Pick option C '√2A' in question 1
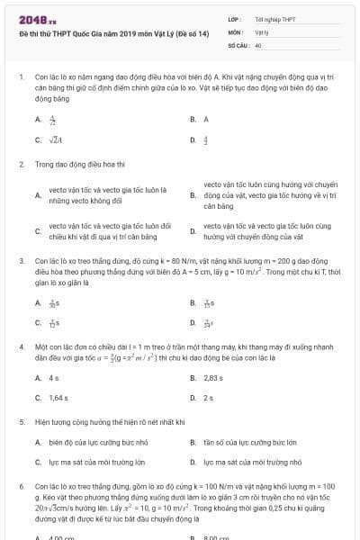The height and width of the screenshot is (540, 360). pos(56,139)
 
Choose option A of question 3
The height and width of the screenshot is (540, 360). pos(53,303)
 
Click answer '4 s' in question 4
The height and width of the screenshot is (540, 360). pos(54,377)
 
